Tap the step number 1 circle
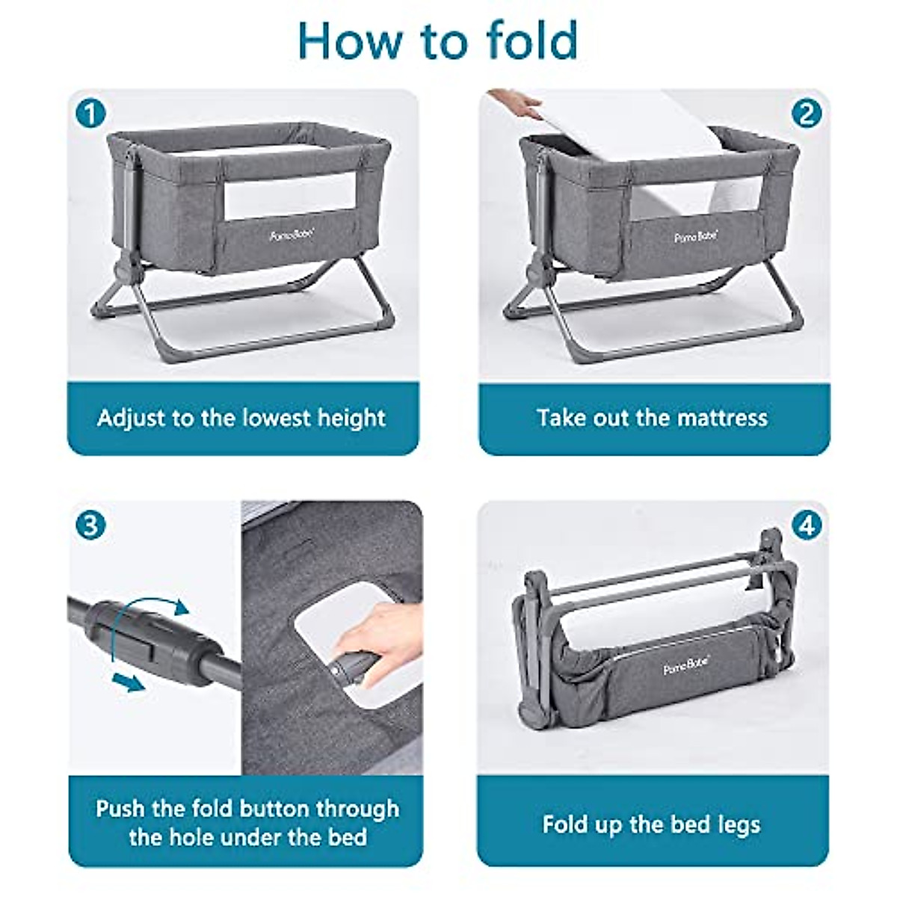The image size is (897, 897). click(90, 114)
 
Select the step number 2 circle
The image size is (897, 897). click(806, 114)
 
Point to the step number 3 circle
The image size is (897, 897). click(90, 525)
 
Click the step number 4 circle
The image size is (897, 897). click(806, 525)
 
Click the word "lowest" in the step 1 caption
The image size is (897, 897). click(271, 417)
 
